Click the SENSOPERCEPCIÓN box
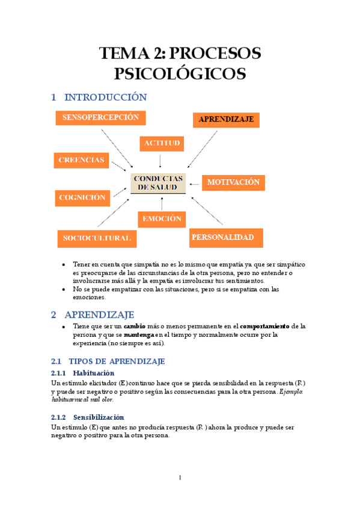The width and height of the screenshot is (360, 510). pos(100,118)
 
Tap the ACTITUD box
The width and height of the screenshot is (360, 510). pos(161,144)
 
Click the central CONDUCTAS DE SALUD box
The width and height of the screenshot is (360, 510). pos(159,183)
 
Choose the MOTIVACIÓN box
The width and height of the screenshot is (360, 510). pos(233,182)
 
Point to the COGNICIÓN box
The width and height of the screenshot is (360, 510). pos(82,197)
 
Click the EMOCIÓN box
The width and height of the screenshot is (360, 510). pos(161,220)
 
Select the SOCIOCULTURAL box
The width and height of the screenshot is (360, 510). pos(96,238)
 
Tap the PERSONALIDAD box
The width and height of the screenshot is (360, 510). pos(226,238)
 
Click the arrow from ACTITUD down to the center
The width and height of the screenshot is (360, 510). pos(160,161)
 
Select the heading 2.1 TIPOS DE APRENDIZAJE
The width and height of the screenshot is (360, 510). pos(108,361)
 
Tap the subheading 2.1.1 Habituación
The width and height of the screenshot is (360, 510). pos(91,373)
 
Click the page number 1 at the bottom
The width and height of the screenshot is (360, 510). pos(180,478)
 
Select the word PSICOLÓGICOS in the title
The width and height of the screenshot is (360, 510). pos(180,74)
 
